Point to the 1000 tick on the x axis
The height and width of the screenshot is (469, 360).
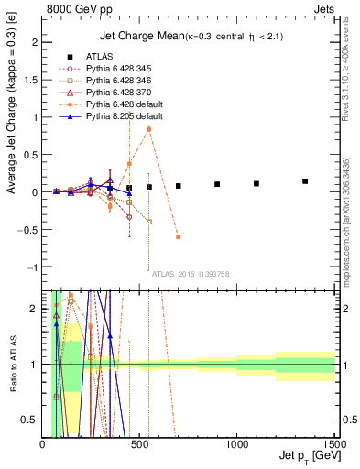pyautogui.click(x=236, y=444)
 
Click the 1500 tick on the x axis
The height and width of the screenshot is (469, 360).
pyautogui.click(x=333, y=444)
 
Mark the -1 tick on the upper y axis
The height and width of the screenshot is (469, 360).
pyautogui.click(x=35, y=267)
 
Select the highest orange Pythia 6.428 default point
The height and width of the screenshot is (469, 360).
pyautogui.click(x=149, y=129)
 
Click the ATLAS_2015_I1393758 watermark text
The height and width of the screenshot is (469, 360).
pyautogui.click(x=190, y=274)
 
